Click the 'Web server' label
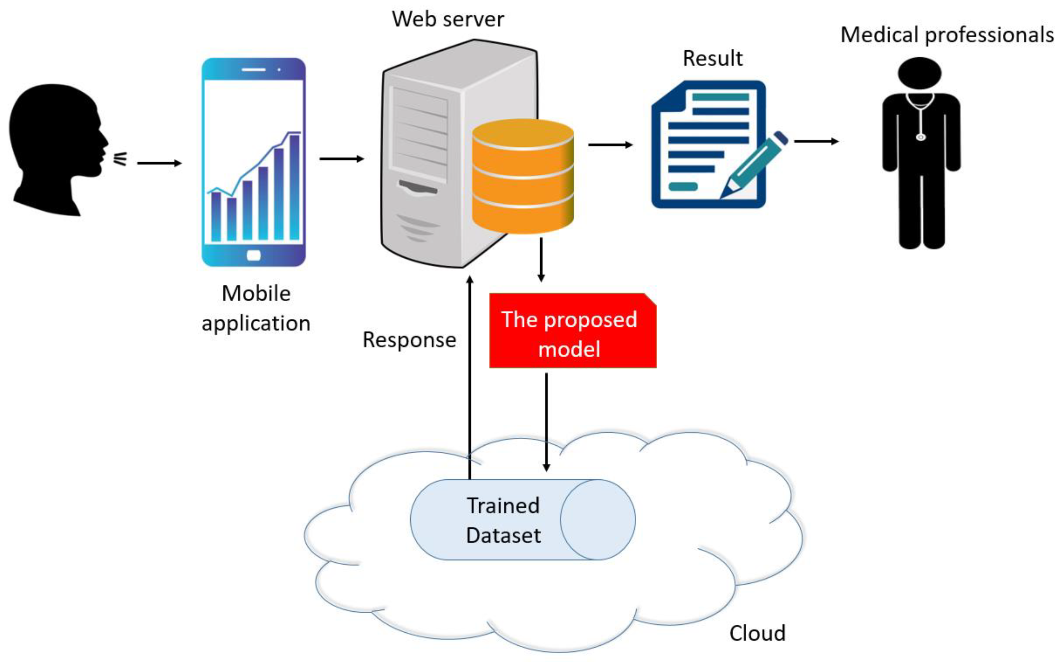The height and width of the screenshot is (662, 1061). pos(448,19)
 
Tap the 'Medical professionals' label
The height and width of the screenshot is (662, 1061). pos(947,35)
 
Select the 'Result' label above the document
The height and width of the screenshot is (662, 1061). pos(713,58)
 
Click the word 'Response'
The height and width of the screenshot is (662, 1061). pos(410,340)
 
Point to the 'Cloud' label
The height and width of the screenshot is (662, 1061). pos(757,633)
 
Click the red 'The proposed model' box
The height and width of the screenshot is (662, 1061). pos(573,330)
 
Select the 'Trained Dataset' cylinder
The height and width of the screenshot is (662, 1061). pos(523,520)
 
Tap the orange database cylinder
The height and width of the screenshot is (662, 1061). pos(523,176)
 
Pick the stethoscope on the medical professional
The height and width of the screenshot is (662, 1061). pos(920,116)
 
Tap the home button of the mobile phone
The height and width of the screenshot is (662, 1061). pos(254,255)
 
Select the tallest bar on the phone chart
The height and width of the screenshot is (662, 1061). pos(294,187)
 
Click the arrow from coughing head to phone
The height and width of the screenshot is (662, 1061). pos(159,163)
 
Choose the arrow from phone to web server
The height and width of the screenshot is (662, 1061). pos(342,158)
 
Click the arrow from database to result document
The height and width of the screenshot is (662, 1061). pos(611,145)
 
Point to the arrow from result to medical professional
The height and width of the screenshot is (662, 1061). pos(817,141)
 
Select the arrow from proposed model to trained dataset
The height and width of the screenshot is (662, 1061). pos(546,422)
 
